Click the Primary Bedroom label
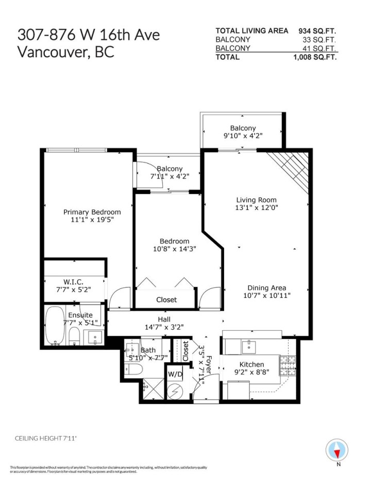point(92,212)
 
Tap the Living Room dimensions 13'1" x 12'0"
point(256,209)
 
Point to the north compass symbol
point(338,451)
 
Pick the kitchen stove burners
point(288,365)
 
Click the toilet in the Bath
point(135,368)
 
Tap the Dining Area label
point(266,287)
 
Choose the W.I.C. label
point(73,281)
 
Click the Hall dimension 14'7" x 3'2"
point(164,327)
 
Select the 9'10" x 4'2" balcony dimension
point(243,137)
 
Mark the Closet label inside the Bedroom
point(166,299)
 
